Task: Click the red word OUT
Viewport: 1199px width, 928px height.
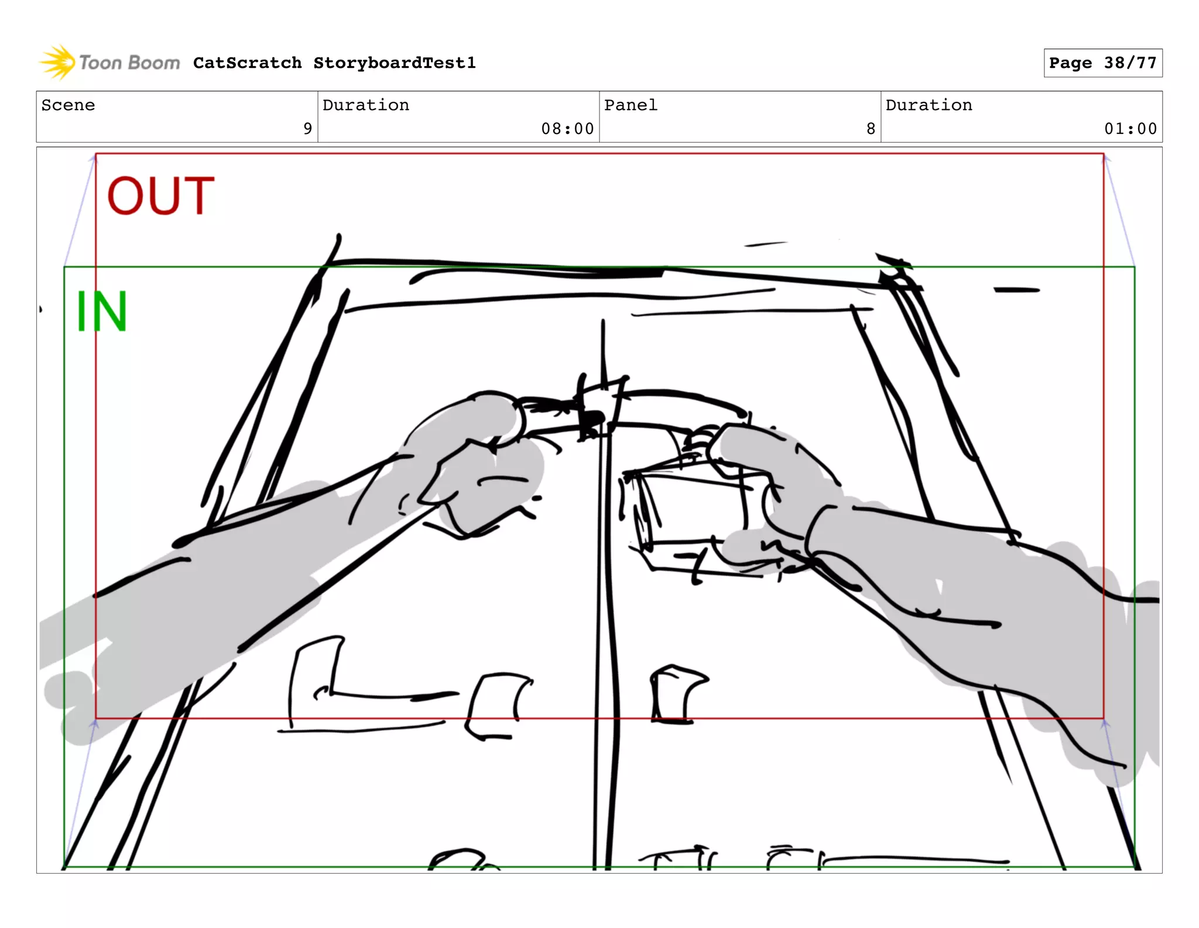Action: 160,196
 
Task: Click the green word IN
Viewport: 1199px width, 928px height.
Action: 102,311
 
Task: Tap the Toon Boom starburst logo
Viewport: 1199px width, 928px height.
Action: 57,62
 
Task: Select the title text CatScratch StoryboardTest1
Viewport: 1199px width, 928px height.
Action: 334,63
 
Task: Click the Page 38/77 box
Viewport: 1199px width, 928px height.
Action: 1102,63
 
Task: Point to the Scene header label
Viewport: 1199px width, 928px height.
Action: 68,105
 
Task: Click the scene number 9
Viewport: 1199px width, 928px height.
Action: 307,129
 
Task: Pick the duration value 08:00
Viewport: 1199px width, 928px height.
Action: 567,129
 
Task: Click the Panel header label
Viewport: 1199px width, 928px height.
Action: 631,105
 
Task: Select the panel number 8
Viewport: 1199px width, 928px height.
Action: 871,129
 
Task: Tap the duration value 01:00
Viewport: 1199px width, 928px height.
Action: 1130,129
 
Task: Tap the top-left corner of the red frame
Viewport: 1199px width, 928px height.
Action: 96,154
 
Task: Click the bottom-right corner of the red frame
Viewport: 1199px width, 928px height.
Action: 1104,718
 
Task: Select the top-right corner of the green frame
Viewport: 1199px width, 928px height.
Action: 1134,267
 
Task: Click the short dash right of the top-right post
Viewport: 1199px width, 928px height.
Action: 1016,290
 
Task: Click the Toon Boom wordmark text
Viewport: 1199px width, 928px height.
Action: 129,63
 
